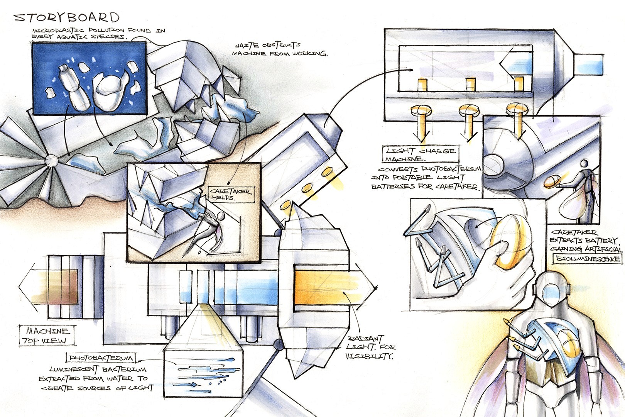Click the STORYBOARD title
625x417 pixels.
pos(67,18)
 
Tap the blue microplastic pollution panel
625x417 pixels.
pos(90,78)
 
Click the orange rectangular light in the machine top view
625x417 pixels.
pos(321,288)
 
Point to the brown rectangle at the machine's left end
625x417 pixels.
pos(63,287)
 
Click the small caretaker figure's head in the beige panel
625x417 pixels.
pos(220,217)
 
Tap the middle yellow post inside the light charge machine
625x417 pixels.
pos(470,84)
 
